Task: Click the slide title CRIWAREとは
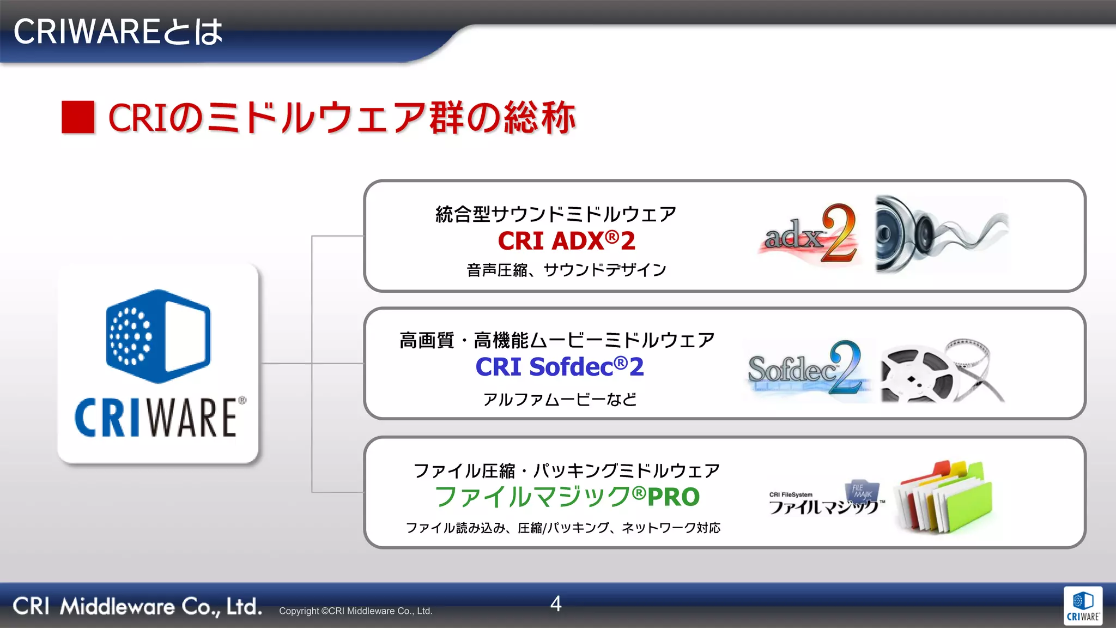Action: click(x=118, y=32)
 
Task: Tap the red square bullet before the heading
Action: click(x=78, y=117)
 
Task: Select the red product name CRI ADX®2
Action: click(x=566, y=241)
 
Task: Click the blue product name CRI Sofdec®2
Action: click(x=560, y=367)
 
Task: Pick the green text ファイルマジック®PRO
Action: click(x=567, y=497)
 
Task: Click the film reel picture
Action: click(x=942, y=371)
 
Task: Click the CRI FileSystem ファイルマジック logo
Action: click(x=826, y=499)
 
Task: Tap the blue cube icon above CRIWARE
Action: click(x=158, y=336)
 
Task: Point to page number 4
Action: click(x=556, y=603)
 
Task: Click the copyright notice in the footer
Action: click(x=355, y=611)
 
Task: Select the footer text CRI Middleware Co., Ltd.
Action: click(x=137, y=606)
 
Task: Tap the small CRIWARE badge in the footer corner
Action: click(x=1083, y=606)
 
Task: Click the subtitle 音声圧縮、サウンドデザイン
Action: click(x=566, y=270)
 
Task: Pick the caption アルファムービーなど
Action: click(x=560, y=400)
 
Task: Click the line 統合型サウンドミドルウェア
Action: click(x=556, y=214)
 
